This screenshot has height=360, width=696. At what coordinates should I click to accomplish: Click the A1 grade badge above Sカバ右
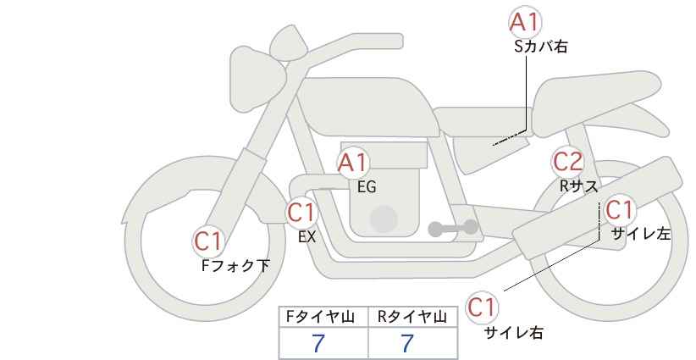[x=525, y=22]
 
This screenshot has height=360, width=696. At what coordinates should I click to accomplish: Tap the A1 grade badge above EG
[x=353, y=163]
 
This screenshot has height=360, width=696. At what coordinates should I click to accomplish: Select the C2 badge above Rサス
[x=567, y=162]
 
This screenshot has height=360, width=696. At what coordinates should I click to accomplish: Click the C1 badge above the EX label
[x=301, y=213]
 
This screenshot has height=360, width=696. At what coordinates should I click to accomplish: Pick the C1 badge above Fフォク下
[x=208, y=241]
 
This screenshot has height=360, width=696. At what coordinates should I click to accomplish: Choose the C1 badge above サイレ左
[x=619, y=209]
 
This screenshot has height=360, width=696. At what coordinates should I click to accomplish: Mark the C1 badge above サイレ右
[x=482, y=307]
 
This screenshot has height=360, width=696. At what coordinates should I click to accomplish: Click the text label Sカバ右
[x=541, y=47]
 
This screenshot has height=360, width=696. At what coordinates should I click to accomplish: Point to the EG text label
[x=367, y=187]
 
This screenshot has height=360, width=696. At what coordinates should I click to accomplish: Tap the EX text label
[x=307, y=237]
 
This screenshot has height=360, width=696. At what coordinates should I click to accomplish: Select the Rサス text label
[x=578, y=186]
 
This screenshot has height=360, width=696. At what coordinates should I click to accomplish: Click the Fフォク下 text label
[x=235, y=266]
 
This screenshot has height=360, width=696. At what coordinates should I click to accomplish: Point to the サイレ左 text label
[x=641, y=234]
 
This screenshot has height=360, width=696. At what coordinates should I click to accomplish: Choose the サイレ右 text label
[x=513, y=333]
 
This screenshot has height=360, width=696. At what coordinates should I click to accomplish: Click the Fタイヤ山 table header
[x=320, y=317]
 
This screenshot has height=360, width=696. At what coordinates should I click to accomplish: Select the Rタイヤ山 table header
[x=412, y=317]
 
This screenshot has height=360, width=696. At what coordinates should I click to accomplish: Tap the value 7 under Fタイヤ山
[x=318, y=344]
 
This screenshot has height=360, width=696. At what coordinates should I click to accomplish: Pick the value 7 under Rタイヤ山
[x=406, y=344]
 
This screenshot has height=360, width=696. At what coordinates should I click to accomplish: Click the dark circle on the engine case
[x=384, y=219]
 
